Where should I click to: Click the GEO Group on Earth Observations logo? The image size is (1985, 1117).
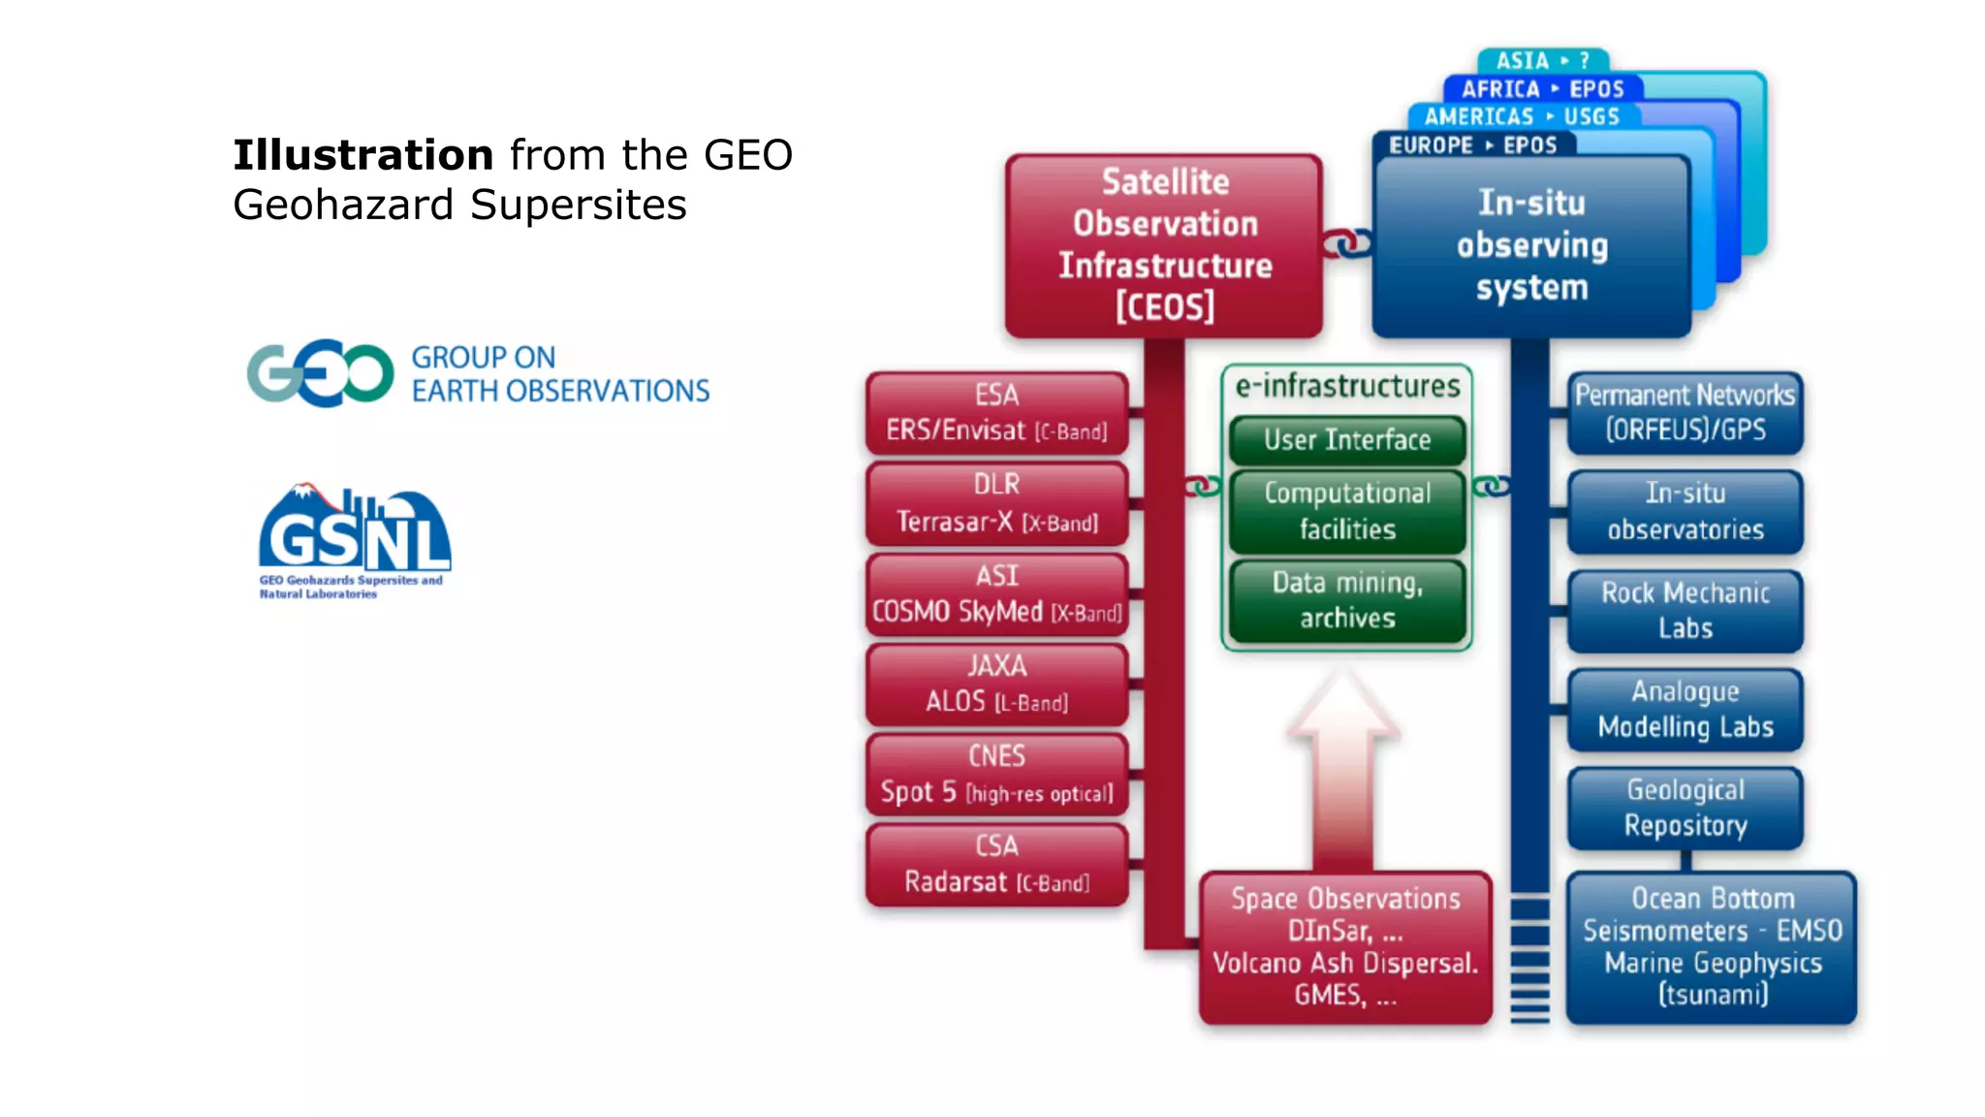(x=478, y=373)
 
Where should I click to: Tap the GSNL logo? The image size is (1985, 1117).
(x=354, y=539)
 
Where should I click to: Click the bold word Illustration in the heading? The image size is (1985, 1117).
(x=363, y=155)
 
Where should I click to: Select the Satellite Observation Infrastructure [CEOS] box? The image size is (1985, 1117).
(x=1164, y=245)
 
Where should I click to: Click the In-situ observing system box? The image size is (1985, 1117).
(x=1531, y=246)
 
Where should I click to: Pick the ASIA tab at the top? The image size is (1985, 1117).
(x=1542, y=61)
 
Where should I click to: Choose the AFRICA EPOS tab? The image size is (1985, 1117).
(x=1542, y=89)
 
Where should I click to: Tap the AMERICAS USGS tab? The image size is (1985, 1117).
(x=1522, y=116)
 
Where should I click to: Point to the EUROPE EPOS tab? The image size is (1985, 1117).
(x=1473, y=145)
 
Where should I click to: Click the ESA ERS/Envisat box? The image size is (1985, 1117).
(x=996, y=413)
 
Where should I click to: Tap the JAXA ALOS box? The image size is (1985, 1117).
(x=996, y=685)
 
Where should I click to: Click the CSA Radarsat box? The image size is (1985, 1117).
(x=996, y=865)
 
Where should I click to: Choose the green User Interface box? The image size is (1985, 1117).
(x=1347, y=440)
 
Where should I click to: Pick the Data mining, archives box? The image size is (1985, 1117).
(x=1347, y=600)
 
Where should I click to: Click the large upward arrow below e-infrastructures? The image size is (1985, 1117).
(x=1343, y=766)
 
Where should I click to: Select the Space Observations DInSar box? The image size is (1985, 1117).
(x=1345, y=947)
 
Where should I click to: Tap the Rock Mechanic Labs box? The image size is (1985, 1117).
(x=1686, y=611)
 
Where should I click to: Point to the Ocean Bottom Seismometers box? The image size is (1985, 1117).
(x=1712, y=947)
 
